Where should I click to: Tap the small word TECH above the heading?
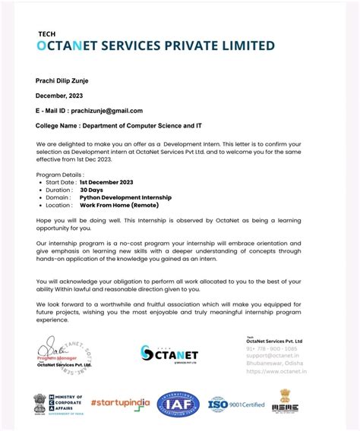pos(46,33)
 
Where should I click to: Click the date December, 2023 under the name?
pos(63,96)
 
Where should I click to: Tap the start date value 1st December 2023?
pos(107,183)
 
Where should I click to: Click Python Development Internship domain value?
pos(125,197)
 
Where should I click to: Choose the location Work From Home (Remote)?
pos(118,205)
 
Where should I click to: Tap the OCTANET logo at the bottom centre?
pos(169,353)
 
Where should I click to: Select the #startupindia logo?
pos(120,403)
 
